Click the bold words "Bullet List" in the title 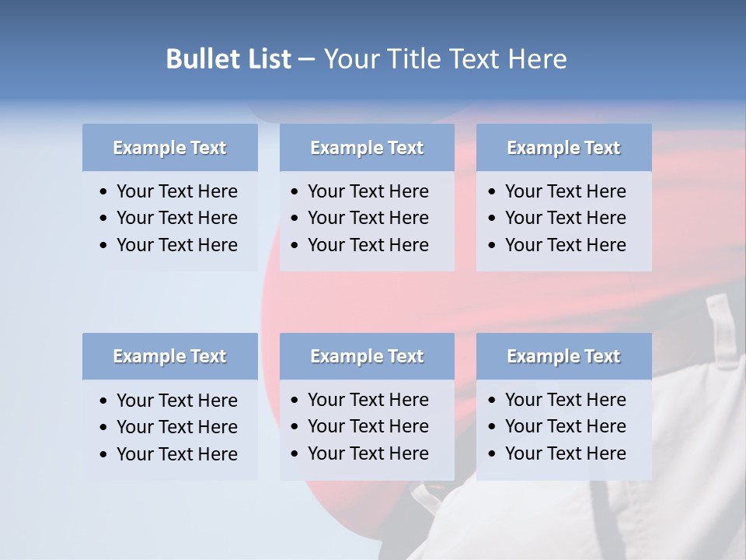(228, 59)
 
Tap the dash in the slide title (306, 60)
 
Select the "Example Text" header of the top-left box (169, 148)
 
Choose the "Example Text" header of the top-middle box (367, 148)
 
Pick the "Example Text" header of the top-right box (563, 148)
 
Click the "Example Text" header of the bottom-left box (169, 356)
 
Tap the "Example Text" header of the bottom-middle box (367, 356)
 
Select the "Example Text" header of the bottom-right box (563, 356)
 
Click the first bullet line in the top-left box (176, 191)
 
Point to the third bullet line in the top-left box (176, 245)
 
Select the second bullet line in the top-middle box (368, 218)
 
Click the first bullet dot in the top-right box (493, 192)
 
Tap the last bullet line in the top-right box (565, 245)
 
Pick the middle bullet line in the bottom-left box (176, 427)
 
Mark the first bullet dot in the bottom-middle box (295, 401)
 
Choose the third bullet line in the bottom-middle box (368, 453)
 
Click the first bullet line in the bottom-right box (565, 400)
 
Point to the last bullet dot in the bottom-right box (493, 454)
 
